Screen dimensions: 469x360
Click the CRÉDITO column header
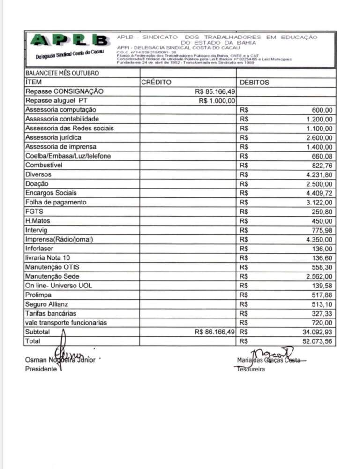pyautogui.click(x=156, y=83)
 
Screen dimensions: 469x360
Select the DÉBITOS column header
pyautogui.click(x=255, y=83)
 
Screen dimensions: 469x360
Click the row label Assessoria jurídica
pyautogui.click(x=53, y=137)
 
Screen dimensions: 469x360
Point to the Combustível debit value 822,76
pyautogui.click(x=322, y=165)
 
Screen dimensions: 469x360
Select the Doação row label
pyautogui.click(x=37, y=184)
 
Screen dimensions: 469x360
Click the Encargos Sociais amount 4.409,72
pyautogui.click(x=319, y=193)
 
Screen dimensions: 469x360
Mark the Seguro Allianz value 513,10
pyautogui.click(x=322, y=304)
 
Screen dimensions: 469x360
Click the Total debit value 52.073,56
pyautogui.click(x=317, y=341)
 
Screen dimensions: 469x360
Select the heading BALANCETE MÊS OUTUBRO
pyautogui.click(x=62, y=73)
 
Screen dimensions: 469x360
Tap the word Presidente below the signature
pyautogui.click(x=41, y=369)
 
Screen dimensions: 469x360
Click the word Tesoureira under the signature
pyautogui.click(x=250, y=369)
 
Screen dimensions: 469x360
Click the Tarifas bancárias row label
pyautogui.click(x=51, y=313)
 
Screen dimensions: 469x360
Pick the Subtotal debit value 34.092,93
pyautogui.click(x=317, y=332)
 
